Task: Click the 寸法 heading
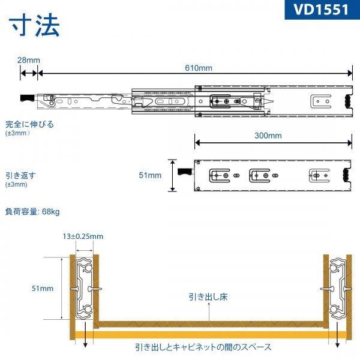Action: click(34, 25)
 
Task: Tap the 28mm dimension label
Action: click(29, 60)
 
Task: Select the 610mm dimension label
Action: click(199, 68)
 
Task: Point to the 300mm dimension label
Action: click(268, 136)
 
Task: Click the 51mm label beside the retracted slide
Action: click(150, 175)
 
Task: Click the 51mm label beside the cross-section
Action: click(43, 289)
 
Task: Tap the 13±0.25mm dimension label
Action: click(83, 236)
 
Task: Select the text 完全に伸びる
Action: click(29, 124)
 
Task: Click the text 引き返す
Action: click(20, 176)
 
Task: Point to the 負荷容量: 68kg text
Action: click(32, 211)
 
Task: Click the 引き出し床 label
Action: click(208, 297)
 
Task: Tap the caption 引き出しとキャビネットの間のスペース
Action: click(203, 347)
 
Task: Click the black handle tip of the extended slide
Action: click(28, 98)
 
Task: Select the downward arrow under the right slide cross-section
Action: click(337, 335)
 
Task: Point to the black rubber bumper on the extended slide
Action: click(348, 101)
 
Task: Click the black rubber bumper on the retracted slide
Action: click(346, 175)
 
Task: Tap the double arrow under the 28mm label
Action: click(29, 73)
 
